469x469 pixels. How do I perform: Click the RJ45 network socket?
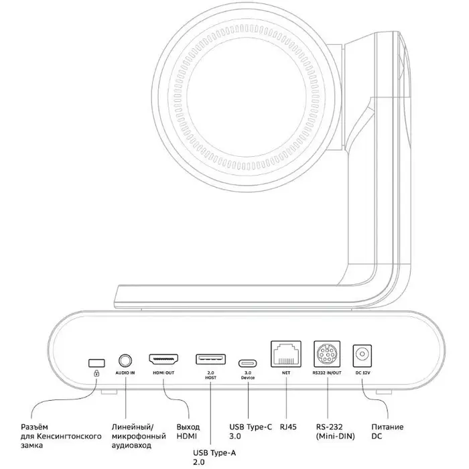coord(285,353)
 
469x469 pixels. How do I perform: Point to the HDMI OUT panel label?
coord(163,373)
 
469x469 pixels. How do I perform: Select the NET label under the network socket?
coord(285,372)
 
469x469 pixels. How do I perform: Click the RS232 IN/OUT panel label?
coord(328,372)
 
